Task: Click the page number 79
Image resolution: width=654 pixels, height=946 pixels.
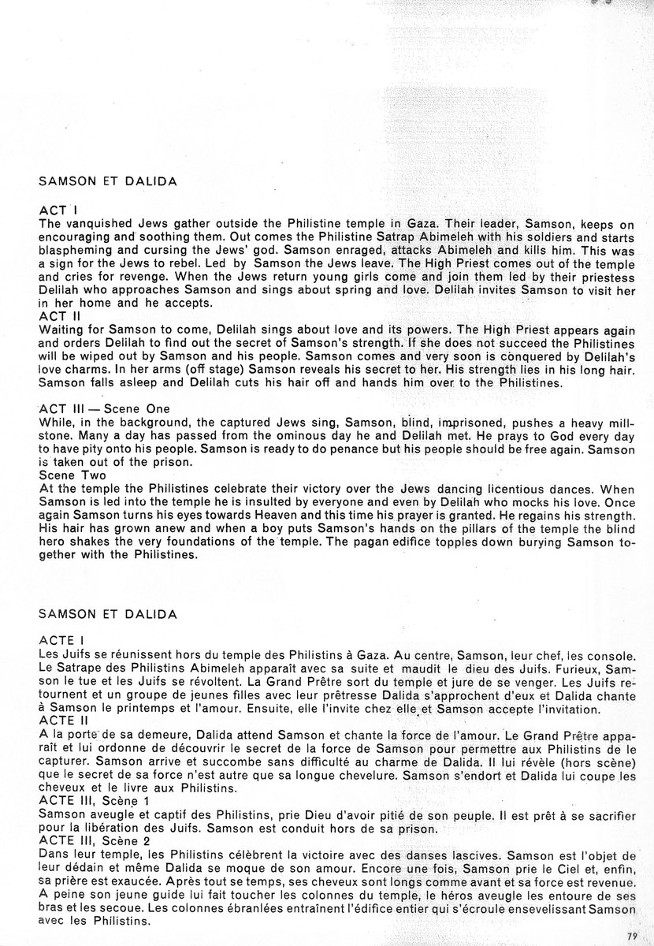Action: (x=632, y=935)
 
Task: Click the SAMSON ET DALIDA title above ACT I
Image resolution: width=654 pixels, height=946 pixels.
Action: (x=106, y=181)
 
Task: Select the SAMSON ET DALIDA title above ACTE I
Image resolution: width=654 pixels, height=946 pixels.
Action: (x=106, y=612)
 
